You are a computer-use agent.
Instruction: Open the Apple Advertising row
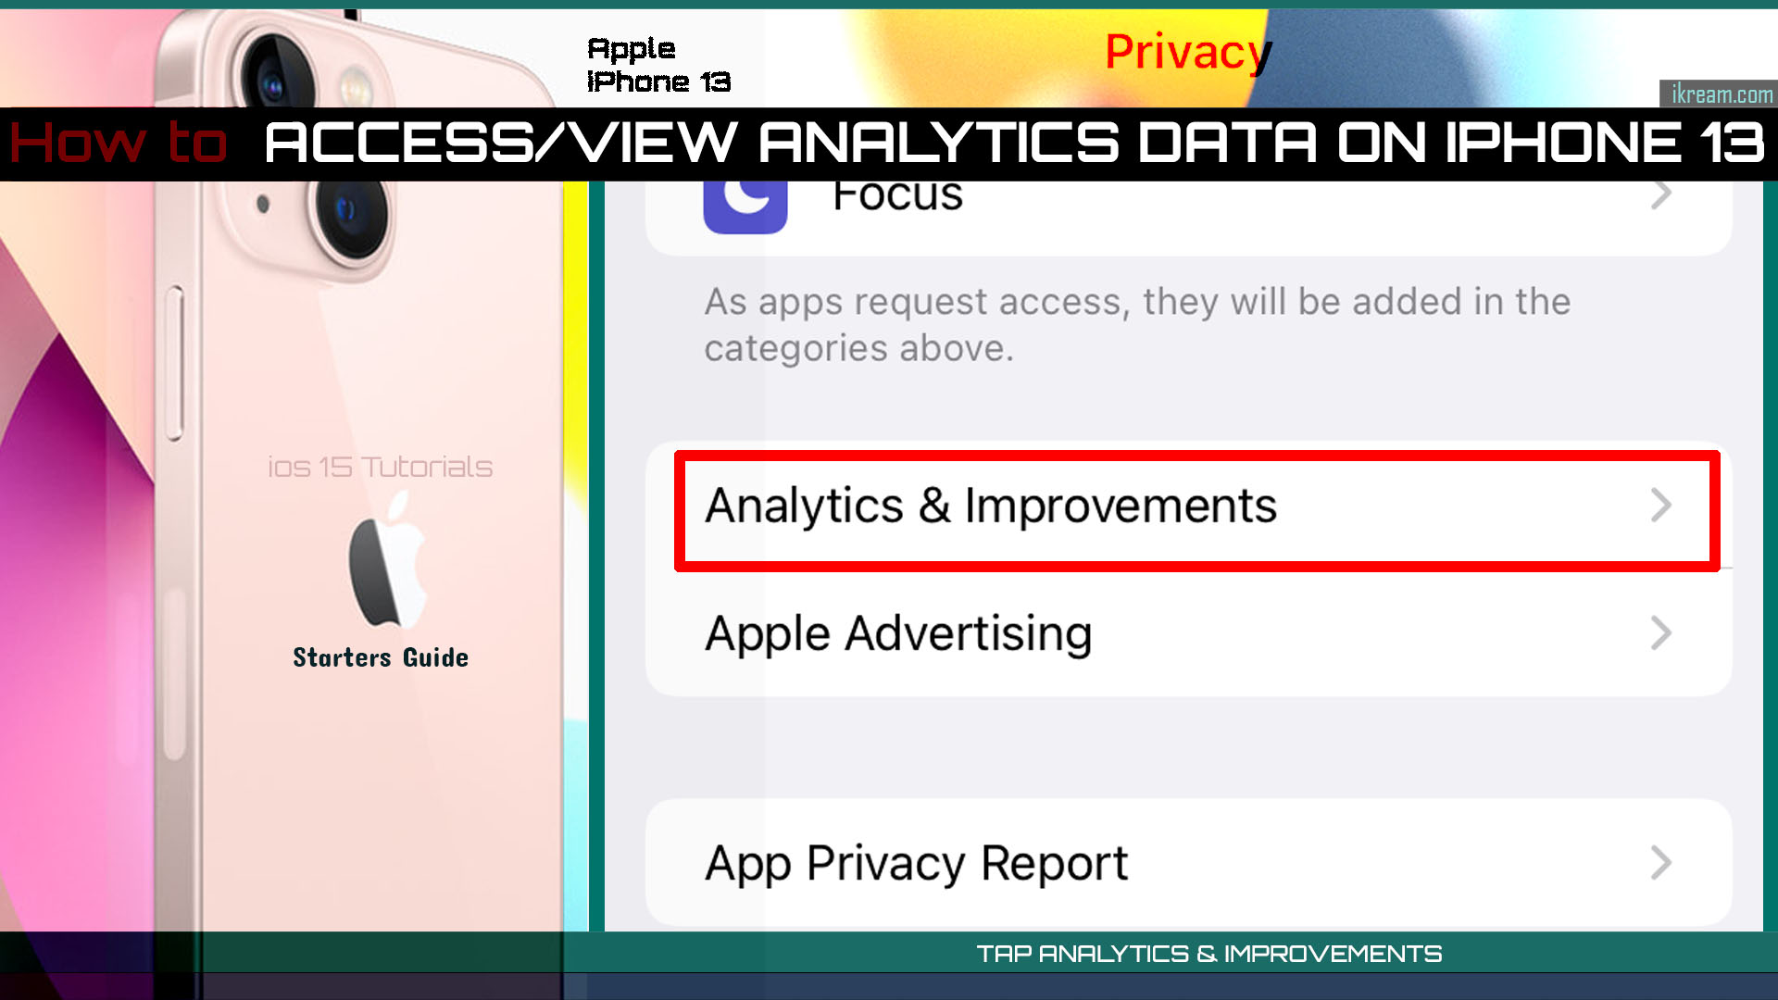coord(1185,635)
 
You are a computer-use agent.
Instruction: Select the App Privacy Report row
coord(1185,863)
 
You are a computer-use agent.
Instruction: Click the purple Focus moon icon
coord(745,204)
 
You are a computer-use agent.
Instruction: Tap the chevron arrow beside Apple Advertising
coord(1661,634)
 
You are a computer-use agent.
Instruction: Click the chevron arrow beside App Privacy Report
coord(1661,863)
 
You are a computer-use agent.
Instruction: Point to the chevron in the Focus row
coord(1661,195)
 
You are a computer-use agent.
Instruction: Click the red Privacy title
coord(1187,52)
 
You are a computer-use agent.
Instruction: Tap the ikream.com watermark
coord(1721,94)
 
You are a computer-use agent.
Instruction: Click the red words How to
coord(119,144)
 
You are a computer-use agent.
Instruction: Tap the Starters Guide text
coord(381,657)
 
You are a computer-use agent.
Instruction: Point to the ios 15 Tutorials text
coord(380,468)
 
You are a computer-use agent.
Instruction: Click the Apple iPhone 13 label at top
coord(658,65)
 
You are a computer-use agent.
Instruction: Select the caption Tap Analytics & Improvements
coord(1208,954)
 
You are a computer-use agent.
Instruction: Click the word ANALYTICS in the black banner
coord(939,144)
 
